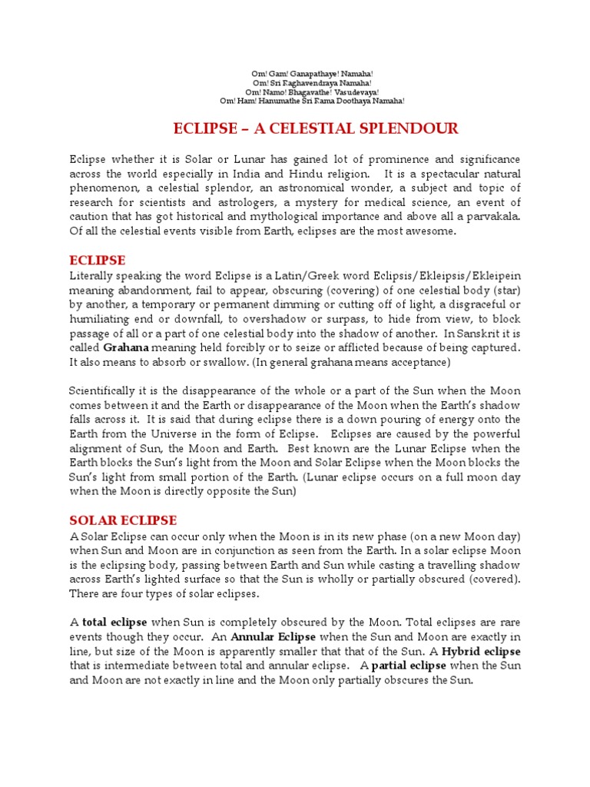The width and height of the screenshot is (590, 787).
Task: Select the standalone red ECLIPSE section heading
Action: coord(98,260)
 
